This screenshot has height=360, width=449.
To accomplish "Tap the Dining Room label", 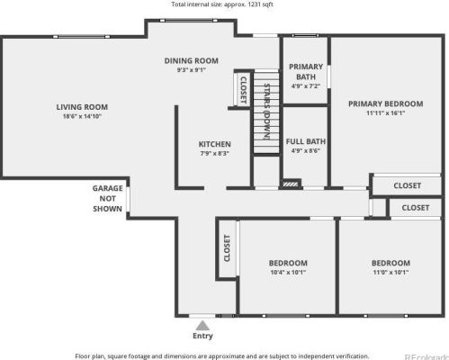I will (192, 60).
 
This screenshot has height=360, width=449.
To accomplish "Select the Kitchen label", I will (215, 144).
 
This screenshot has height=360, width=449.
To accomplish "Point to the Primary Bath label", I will (306, 71).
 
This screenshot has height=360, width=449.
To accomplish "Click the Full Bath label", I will (306, 141).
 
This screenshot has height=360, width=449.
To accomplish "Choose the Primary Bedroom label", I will (385, 103).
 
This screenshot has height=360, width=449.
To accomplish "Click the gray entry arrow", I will (203, 325).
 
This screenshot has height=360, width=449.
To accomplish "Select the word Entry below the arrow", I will (203, 337).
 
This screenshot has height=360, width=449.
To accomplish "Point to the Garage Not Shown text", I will (107, 198).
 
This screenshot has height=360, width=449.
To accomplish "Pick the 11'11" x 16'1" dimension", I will (385, 113).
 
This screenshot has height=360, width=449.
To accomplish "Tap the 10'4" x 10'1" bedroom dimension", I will (288, 272).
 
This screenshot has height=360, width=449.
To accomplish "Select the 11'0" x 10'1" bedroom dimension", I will (391, 272).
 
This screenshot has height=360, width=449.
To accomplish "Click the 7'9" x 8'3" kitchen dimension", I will (215, 154).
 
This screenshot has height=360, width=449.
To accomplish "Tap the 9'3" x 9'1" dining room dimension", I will (192, 69).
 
